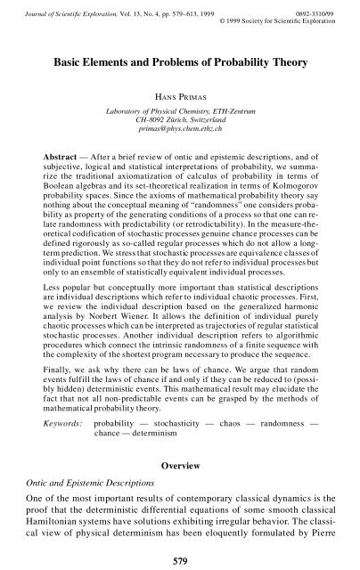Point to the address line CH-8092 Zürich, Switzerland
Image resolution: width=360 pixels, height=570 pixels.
pos(180,120)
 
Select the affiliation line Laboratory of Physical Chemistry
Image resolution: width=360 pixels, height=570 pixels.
pos(180,110)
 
